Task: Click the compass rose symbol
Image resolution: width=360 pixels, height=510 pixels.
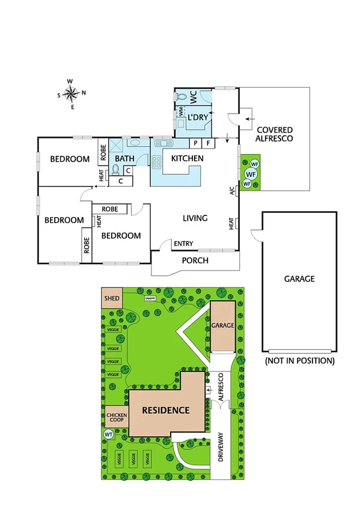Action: coord(71,93)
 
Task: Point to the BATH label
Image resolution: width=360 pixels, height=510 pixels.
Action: coord(124,159)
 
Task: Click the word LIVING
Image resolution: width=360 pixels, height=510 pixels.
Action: coord(195,218)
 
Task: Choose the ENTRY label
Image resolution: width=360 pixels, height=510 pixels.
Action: coord(183,244)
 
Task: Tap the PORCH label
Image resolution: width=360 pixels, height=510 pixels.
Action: coord(195,260)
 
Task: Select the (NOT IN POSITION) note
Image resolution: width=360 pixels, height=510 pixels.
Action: coord(299,361)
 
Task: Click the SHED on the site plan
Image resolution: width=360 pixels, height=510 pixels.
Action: coord(112,298)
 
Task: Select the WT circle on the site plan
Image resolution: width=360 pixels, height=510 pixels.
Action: coord(109,434)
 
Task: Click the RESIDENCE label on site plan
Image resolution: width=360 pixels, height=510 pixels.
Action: coord(165,411)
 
